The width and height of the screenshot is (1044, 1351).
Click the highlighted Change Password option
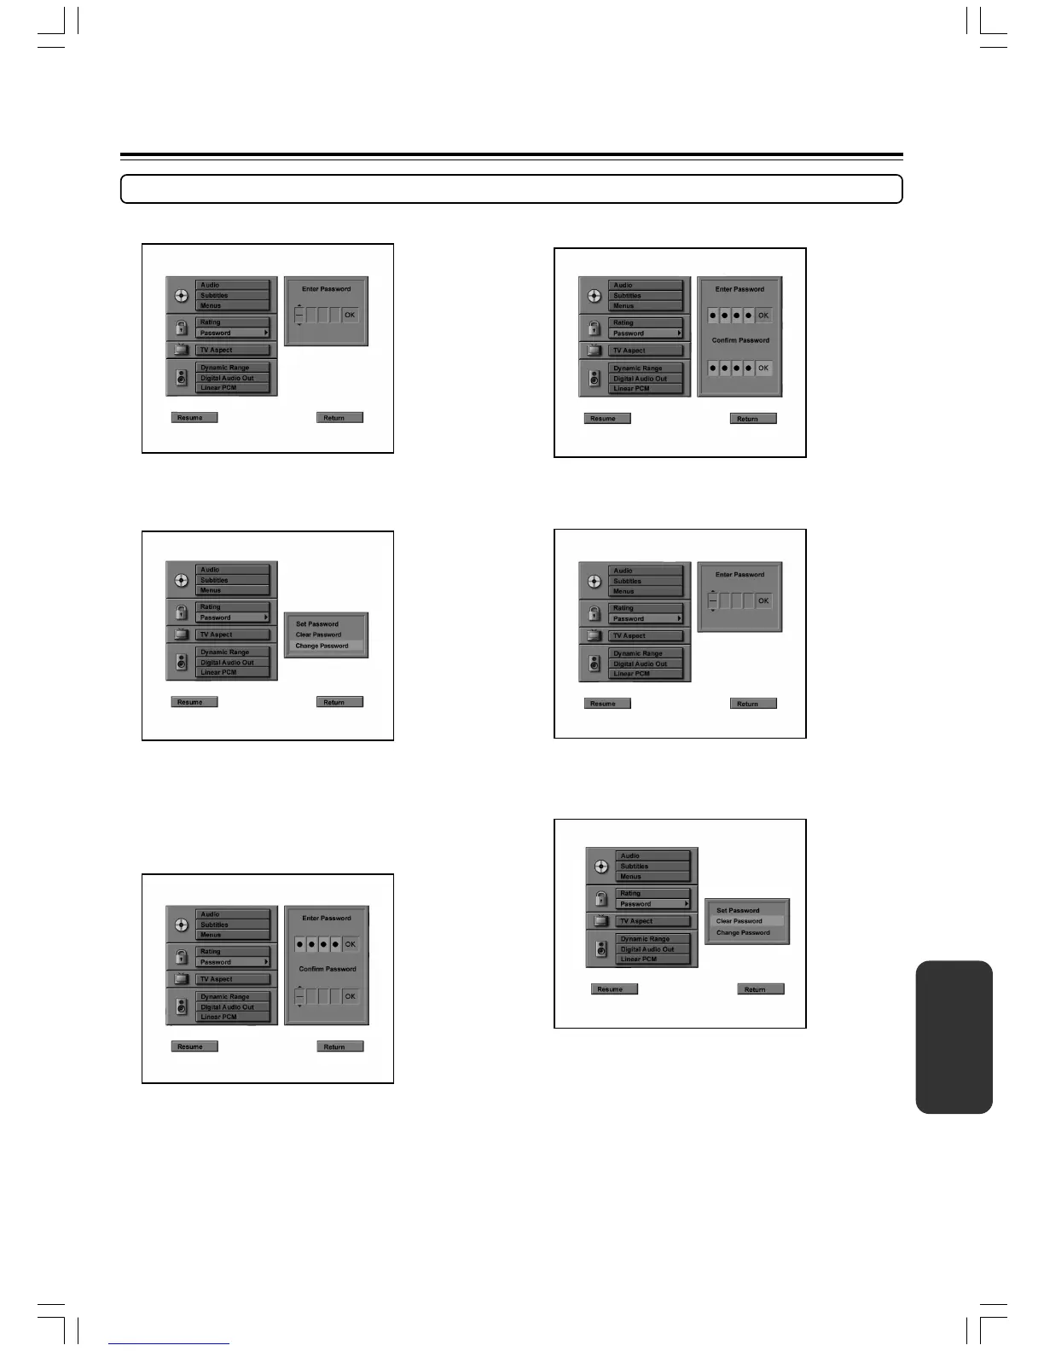322,646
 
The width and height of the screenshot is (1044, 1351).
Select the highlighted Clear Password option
739,921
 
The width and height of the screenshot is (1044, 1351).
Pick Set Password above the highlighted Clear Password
738,910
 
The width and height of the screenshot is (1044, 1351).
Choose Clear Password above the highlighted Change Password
318,635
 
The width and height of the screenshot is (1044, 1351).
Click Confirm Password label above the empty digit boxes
328,969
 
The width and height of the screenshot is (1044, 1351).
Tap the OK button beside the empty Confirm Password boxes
350,996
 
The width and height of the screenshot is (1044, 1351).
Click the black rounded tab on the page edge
954,1036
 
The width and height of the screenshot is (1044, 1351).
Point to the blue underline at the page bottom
169,1343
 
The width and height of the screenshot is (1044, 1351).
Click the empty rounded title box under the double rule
512,188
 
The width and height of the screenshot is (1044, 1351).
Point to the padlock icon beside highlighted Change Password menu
181,612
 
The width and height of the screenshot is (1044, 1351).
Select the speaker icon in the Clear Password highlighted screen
601,948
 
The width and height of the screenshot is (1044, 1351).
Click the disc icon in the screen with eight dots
594,296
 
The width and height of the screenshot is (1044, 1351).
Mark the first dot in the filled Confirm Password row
713,368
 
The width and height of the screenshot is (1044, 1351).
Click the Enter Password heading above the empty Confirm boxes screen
327,919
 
